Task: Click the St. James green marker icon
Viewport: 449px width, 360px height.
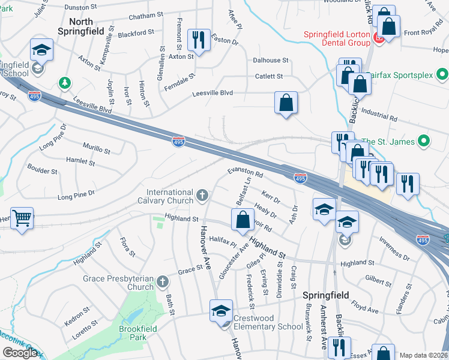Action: (424, 142)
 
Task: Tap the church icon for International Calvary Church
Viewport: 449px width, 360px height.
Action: (203, 194)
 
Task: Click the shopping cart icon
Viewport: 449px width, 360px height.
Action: (22, 218)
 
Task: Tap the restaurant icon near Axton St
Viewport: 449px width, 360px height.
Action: (197, 40)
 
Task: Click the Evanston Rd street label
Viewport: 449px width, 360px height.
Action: (245, 173)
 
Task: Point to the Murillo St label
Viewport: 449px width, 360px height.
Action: (97, 148)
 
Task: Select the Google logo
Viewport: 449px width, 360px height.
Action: (20, 353)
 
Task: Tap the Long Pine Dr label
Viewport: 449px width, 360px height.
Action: (76, 196)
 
